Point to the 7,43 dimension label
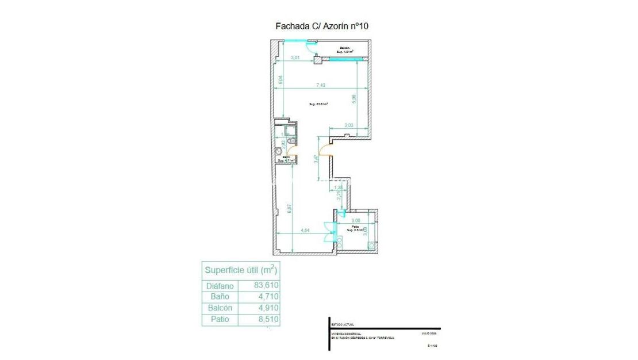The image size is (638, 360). [321, 85]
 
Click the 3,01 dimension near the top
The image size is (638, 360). [295, 58]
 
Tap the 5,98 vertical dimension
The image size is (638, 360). [354, 99]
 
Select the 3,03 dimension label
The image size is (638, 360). [349, 125]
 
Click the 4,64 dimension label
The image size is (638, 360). [306, 230]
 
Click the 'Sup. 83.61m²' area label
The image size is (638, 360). [318, 104]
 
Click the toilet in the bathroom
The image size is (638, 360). [279, 152]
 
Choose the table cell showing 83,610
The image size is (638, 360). [266, 285]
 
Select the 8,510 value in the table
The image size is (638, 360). [266, 320]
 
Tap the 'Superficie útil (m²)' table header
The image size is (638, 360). [241, 270]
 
